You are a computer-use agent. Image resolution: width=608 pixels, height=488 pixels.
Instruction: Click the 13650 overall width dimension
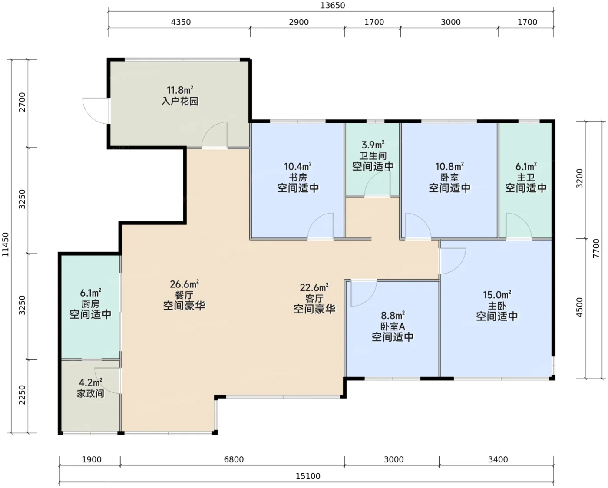tap(333, 6)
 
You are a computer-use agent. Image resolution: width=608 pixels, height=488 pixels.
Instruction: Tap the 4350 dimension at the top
tap(181, 22)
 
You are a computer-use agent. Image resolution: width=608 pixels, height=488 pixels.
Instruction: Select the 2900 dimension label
tap(299, 22)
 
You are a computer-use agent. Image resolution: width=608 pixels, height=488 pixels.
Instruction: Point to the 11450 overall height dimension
tap(6, 244)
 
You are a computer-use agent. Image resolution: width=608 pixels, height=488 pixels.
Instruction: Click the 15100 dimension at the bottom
tap(308, 476)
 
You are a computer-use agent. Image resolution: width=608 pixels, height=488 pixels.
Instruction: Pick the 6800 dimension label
tap(234, 459)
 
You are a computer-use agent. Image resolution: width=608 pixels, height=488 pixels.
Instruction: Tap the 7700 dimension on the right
tap(596, 248)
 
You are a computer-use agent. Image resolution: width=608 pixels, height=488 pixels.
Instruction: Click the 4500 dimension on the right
tap(579, 307)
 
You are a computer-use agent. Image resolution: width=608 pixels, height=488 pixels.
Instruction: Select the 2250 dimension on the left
tap(22, 395)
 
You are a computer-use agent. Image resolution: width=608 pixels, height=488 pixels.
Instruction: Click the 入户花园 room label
tap(180, 101)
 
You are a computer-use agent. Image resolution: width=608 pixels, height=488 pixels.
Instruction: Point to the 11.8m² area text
tap(180, 90)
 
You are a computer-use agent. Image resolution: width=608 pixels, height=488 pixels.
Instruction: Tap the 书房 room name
tap(298, 177)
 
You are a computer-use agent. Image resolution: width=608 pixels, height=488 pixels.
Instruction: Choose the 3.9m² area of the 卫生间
tap(373, 145)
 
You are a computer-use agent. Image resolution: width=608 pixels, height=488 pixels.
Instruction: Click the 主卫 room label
tap(526, 177)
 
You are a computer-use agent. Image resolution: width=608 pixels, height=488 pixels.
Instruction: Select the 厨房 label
tap(90, 303)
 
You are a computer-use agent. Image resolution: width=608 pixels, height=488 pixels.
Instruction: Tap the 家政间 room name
tap(90, 393)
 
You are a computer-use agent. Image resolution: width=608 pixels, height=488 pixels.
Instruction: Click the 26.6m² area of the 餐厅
tap(184, 284)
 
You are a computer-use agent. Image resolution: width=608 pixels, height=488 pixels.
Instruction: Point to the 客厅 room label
tap(314, 298)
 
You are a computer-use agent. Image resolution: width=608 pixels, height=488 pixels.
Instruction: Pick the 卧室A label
tap(393, 326)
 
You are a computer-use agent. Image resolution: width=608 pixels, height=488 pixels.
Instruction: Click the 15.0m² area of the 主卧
tap(497, 295)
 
